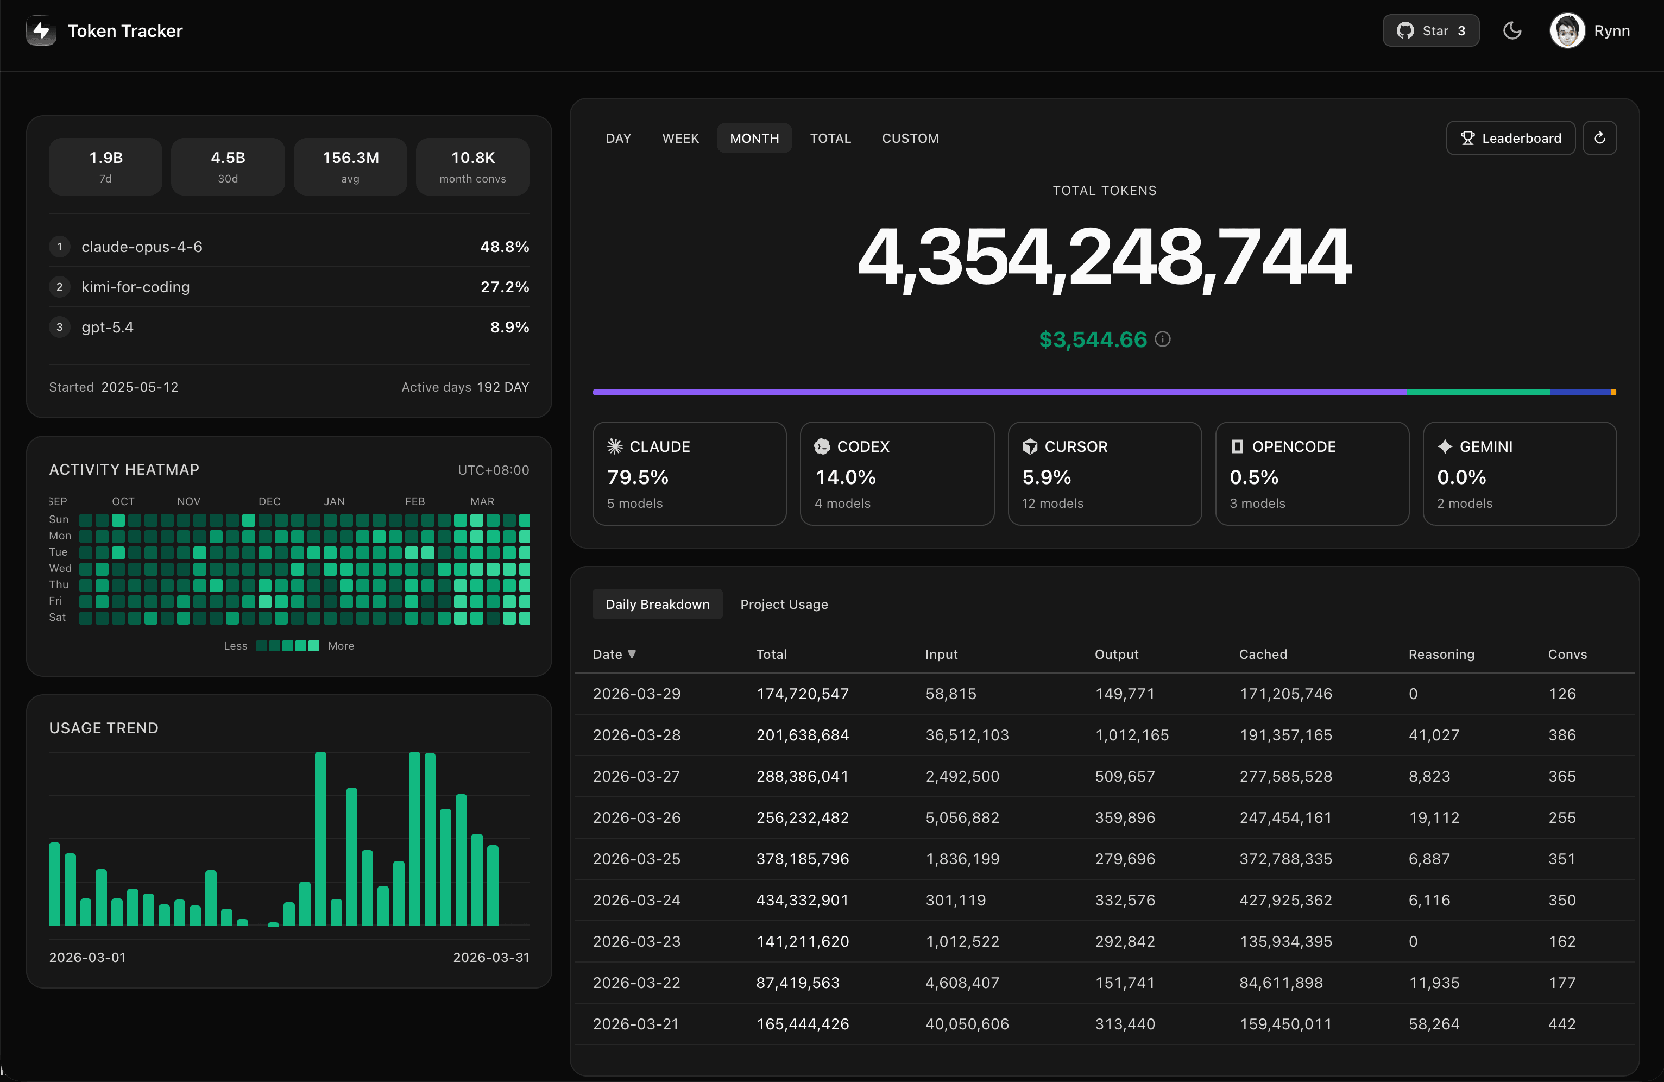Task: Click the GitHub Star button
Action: pos(1430,31)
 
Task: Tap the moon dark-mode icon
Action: pos(1511,31)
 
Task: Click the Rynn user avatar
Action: pos(1567,31)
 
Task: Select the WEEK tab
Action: pos(680,139)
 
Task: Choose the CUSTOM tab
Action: pos(910,139)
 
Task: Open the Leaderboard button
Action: pos(1510,139)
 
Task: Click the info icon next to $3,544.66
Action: pos(1163,339)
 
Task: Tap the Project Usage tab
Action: pos(784,605)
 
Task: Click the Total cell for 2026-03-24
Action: pos(802,900)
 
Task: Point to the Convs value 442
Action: pos(1561,1024)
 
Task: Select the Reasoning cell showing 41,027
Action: pos(1433,735)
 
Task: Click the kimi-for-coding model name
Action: pos(136,287)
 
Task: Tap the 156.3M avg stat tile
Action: pos(350,166)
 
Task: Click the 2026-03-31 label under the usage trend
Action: pos(491,958)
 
